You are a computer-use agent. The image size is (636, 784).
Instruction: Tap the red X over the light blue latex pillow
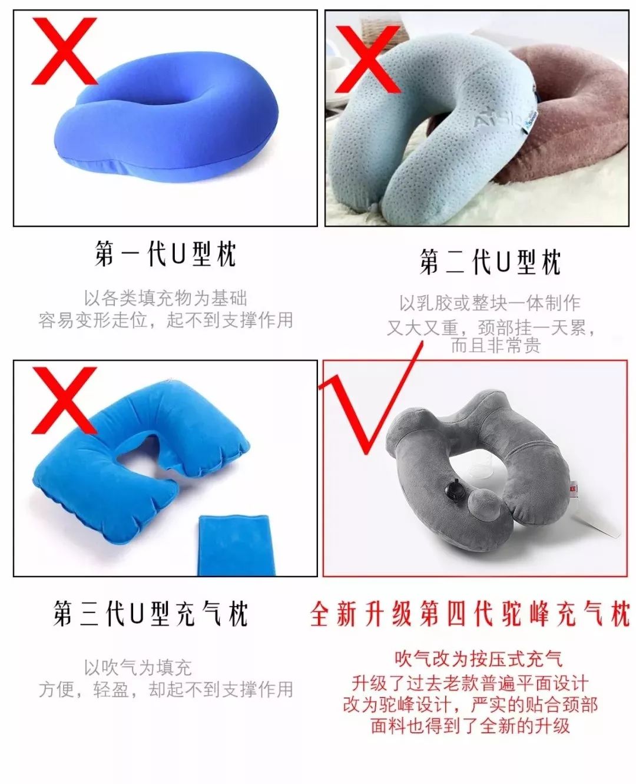(368, 59)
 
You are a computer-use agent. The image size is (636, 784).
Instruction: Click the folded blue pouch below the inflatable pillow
(234, 545)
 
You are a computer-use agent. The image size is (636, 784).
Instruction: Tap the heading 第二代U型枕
(490, 262)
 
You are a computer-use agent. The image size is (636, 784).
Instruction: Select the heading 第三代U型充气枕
(151, 614)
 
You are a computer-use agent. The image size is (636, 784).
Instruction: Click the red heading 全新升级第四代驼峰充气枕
(470, 614)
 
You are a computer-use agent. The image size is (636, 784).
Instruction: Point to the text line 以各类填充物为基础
(165, 298)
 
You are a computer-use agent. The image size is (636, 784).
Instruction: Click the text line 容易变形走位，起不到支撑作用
(165, 320)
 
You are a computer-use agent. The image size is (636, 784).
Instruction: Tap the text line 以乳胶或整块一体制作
(490, 303)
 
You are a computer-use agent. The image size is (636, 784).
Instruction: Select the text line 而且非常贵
(495, 346)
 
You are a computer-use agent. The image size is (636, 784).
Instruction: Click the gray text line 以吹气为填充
(138, 667)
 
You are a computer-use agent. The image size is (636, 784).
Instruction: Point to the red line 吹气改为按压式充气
(478, 658)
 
